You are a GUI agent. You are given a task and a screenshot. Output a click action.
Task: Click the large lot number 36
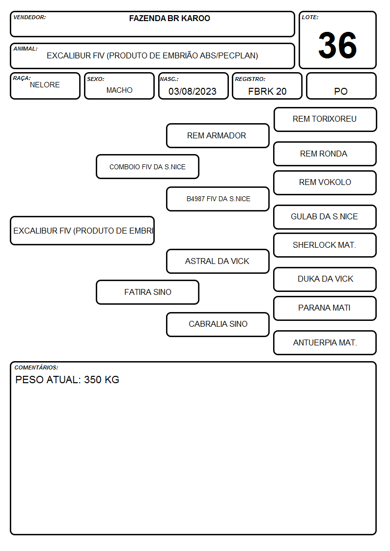(337, 45)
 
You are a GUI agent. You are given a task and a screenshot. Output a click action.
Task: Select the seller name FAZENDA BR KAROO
(169, 18)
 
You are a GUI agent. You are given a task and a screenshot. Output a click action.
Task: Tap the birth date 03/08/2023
(193, 91)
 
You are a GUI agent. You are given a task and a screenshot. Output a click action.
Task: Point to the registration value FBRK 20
(267, 91)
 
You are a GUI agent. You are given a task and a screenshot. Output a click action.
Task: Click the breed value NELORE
(45, 85)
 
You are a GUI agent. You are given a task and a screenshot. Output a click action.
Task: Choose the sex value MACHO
(119, 90)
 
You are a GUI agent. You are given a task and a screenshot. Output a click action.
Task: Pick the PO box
(341, 86)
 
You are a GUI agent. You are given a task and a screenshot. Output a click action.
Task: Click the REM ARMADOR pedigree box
(218, 135)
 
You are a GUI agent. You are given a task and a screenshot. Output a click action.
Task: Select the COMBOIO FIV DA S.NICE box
(148, 166)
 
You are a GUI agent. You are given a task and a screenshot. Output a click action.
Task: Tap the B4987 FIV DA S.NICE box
(218, 199)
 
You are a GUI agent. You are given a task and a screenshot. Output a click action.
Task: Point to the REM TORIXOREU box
(325, 120)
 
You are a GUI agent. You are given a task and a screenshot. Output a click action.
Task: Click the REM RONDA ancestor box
(325, 154)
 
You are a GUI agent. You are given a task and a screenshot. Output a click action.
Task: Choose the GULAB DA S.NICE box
(325, 217)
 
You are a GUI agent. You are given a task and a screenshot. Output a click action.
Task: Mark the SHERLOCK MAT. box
(325, 245)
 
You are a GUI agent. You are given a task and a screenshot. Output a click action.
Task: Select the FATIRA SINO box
(148, 292)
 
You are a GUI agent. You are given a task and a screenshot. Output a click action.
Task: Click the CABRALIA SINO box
(218, 324)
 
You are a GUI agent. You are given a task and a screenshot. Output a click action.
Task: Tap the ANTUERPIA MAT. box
(325, 342)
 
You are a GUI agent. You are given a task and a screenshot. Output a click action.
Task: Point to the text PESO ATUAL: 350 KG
(67, 380)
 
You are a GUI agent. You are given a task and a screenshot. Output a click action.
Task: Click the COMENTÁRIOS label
(36, 367)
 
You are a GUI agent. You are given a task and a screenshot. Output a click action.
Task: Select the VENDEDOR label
(29, 17)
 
